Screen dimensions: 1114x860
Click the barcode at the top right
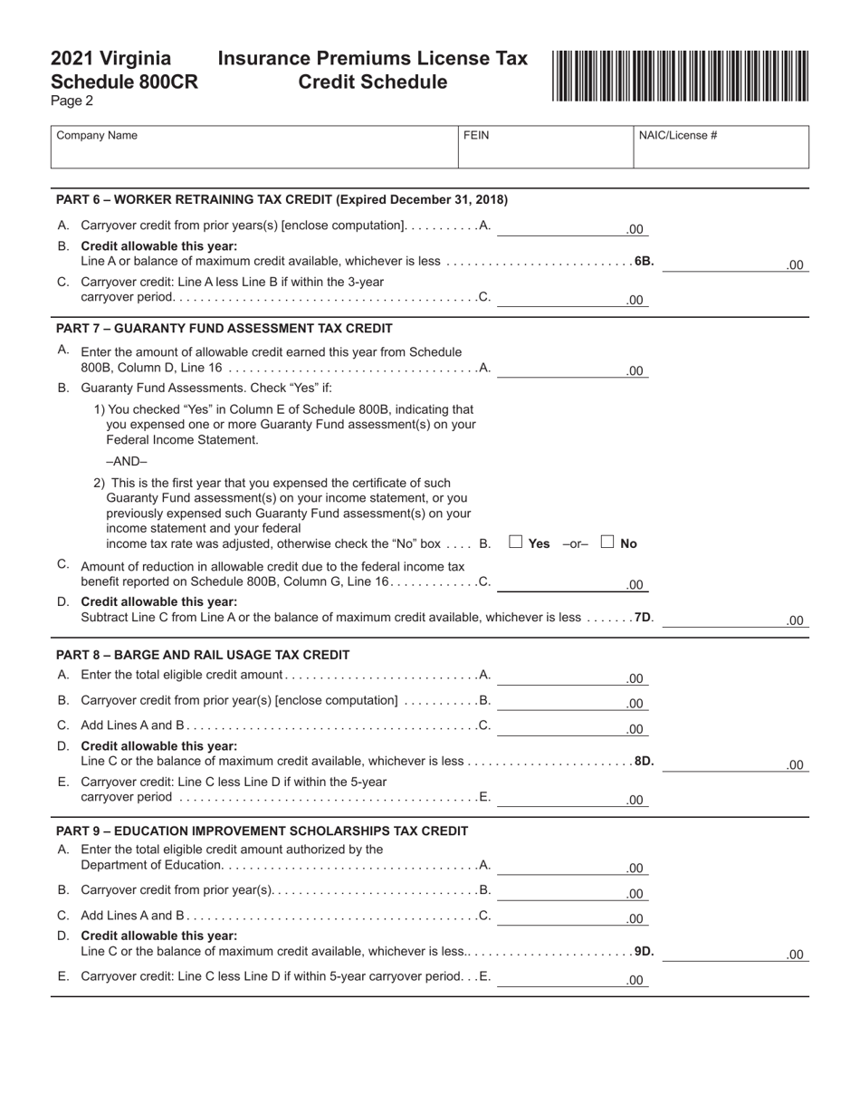pyautogui.click(x=680, y=76)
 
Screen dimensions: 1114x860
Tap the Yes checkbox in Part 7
pyautogui.click(x=516, y=543)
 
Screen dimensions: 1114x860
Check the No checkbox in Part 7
pyautogui.click(x=608, y=543)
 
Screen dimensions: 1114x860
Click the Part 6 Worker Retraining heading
pyautogui.click(x=282, y=199)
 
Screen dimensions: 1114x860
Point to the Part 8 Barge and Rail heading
pyautogui.click(x=203, y=655)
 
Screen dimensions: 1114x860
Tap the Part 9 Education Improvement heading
pyautogui.click(x=262, y=831)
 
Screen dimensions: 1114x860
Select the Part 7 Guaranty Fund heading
pyautogui.click(x=224, y=328)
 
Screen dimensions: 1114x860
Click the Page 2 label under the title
pyautogui.click(x=72, y=101)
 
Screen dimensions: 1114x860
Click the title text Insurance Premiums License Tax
pyautogui.click(x=372, y=59)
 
